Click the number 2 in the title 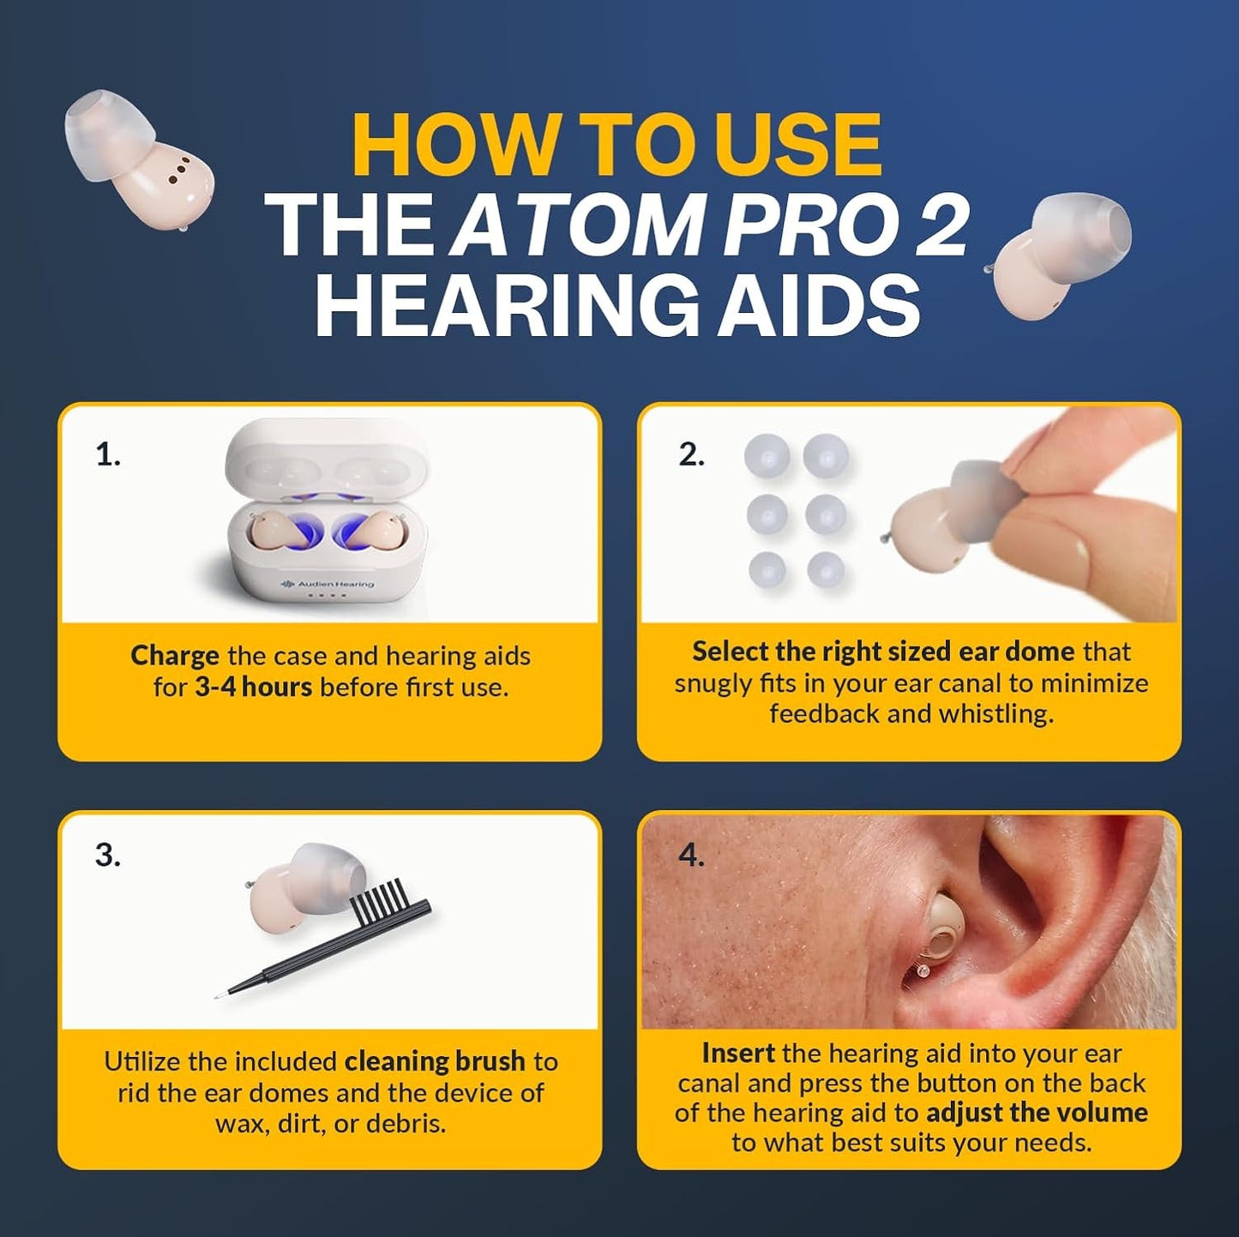pyautogui.click(x=942, y=225)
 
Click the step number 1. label pyautogui.click(x=108, y=454)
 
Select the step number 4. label pyautogui.click(x=691, y=855)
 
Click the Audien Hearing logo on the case pyautogui.click(x=328, y=584)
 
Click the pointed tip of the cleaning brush pyautogui.click(x=220, y=996)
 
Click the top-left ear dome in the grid pyautogui.click(x=767, y=455)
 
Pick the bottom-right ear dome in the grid pyautogui.click(x=826, y=570)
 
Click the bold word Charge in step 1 pyautogui.click(x=174, y=657)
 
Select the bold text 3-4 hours pyautogui.click(x=253, y=688)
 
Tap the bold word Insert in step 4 pyautogui.click(x=737, y=1053)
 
